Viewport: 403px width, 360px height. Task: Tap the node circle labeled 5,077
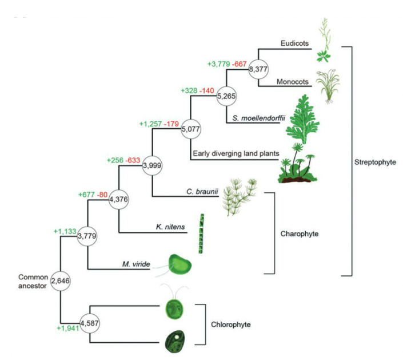[190, 130]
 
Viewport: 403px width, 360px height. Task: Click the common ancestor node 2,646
[61, 281]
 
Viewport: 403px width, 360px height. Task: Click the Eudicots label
[295, 43]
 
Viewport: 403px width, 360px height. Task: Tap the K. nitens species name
[170, 227]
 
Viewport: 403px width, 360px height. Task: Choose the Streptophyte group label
[376, 161]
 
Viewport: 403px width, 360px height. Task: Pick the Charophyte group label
[299, 234]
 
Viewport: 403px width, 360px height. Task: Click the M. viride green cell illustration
[181, 265]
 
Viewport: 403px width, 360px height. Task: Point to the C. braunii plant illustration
[239, 196]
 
